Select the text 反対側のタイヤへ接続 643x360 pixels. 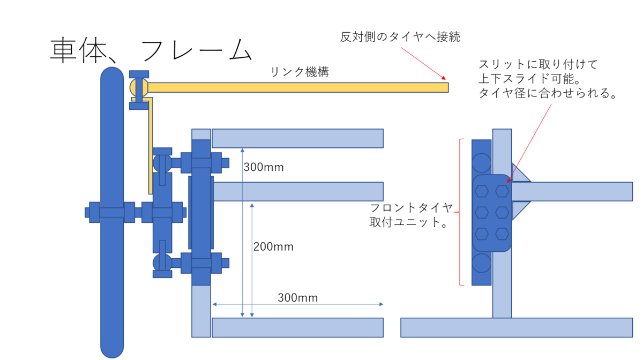point(400,37)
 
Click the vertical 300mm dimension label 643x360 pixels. point(263,167)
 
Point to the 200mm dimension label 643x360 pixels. point(273,247)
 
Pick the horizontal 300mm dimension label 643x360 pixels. point(297,297)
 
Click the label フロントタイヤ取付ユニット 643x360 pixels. point(411,215)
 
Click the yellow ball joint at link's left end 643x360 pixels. point(134,87)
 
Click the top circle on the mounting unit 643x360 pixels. point(481,162)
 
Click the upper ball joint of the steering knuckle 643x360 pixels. point(162,162)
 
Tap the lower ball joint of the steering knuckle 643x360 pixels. point(162,262)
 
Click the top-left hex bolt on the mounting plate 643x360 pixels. point(482,190)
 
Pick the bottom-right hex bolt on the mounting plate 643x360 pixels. point(502,233)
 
